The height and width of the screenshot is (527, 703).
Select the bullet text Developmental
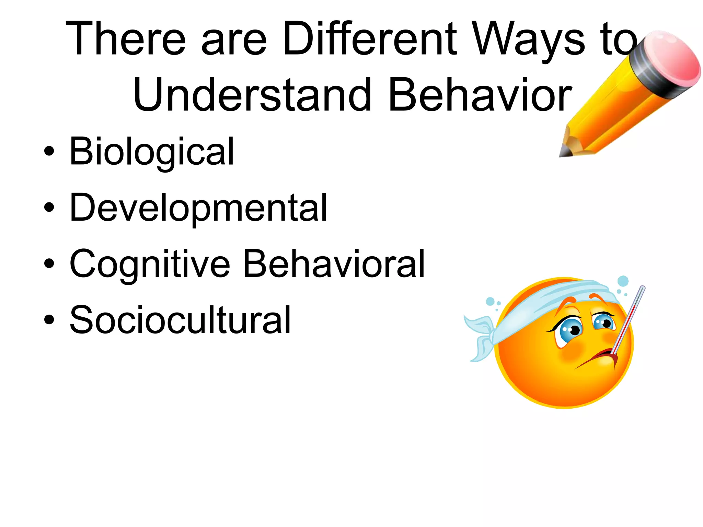coord(198,208)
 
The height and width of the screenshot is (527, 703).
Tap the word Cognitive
coord(150,264)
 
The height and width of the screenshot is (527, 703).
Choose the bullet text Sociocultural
coord(180,320)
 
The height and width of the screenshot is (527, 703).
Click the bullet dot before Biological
coord(49,151)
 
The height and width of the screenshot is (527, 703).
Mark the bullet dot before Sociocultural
coord(49,319)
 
